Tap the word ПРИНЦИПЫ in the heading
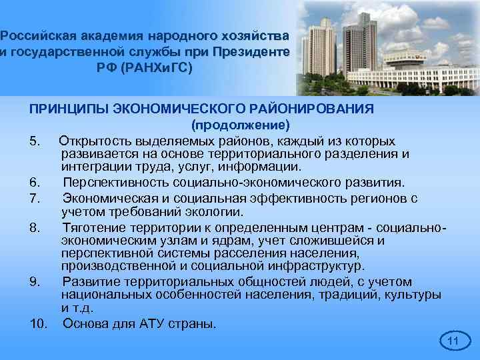(x=61, y=109)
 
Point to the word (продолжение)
(x=240, y=125)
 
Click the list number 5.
(x=36, y=142)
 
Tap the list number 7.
(x=36, y=198)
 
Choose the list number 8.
(x=36, y=229)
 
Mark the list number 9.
(x=36, y=281)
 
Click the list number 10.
(x=39, y=325)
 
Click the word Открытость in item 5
(x=95, y=142)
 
